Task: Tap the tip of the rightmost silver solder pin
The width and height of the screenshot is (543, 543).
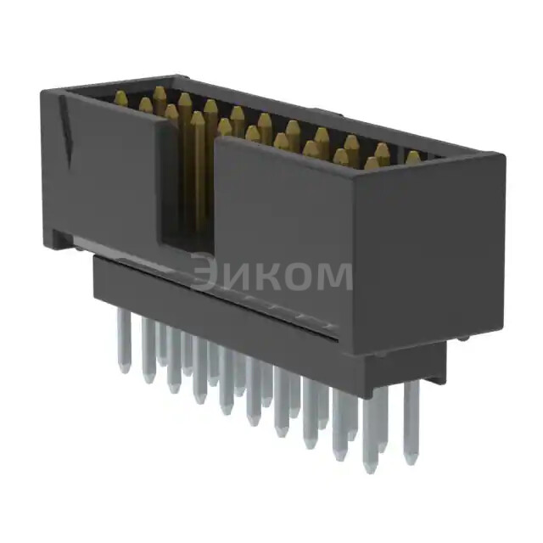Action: click(x=411, y=460)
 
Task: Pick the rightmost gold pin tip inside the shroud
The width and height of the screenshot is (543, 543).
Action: click(x=412, y=157)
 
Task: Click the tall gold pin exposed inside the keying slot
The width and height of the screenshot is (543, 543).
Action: click(x=198, y=170)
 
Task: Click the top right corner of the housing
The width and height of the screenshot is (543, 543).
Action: click(x=501, y=155)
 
